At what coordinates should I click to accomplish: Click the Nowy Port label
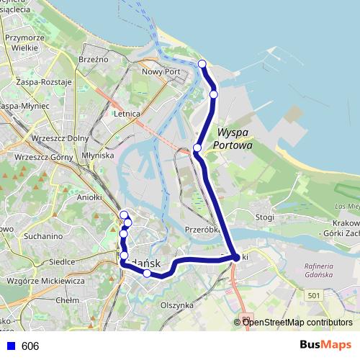point(161,72)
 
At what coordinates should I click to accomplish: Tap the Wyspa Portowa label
point(233,139)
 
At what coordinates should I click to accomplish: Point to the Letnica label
point(127,113)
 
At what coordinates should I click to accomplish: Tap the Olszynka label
point(177,305)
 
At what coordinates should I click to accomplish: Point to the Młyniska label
point(99,155)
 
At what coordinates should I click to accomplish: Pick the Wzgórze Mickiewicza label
point(45,280)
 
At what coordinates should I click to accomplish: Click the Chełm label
point(67,300)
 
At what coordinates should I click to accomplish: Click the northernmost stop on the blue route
point(202,64)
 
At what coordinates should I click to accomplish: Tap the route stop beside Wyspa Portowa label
point(197,148)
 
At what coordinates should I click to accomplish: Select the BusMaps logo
point(326,345)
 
